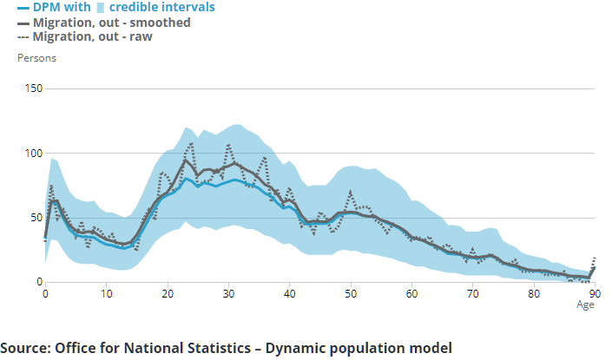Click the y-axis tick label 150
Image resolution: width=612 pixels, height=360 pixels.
pos(34,89)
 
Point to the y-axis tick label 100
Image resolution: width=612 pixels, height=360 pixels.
pos(34,154)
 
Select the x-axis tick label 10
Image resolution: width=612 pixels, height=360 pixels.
pos(106,294)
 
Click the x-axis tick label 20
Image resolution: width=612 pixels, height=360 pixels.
pos(168,294)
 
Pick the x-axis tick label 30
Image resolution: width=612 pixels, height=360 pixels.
pos(228,294)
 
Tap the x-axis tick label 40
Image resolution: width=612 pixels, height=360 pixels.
pos(290,294)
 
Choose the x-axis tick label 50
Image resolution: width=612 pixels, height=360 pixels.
pos(351,294)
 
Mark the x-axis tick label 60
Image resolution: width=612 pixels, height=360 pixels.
pos(412,294)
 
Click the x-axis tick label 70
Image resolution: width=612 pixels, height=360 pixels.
pos(473,294)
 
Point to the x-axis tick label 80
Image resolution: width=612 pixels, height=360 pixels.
pos(535,294)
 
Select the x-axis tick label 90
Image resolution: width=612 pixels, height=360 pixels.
pos(595,294)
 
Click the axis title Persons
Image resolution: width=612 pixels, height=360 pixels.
pos(37,58)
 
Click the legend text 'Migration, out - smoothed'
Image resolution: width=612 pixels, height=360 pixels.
pos(112,23)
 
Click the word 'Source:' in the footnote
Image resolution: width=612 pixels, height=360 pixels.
pos(26,349)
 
